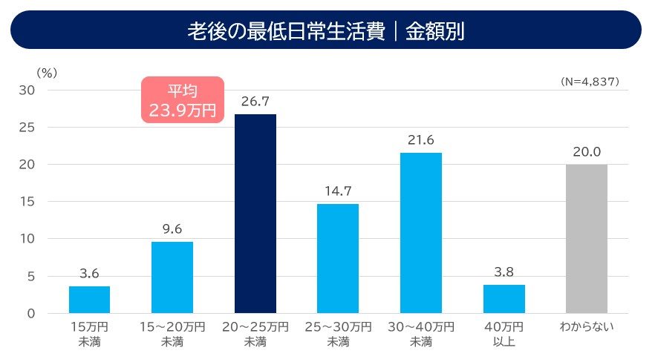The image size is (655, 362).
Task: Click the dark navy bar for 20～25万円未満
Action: tap(255, 214)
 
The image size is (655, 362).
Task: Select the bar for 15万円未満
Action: tap(89, 300)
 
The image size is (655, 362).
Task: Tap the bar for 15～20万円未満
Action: tap(172, 277)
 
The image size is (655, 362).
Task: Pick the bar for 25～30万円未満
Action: tap(338, 258)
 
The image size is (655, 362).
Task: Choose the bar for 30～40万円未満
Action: tap(421, 233)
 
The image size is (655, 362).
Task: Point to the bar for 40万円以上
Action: tap(504, 299)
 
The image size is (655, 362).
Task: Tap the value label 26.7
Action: tap(255, 102)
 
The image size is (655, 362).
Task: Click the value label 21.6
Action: tap(421, 139)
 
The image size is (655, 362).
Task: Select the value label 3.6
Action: tap(89, 274)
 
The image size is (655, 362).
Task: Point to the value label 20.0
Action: tap(587, 151)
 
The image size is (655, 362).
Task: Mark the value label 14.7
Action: tap(338, 191)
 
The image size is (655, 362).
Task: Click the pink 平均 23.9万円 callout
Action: tap(182, 100)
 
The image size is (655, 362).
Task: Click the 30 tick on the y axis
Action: tap(29, 90)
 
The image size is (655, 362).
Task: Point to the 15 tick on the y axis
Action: tap(29, 202)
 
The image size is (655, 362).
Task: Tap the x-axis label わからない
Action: tap(587, 327)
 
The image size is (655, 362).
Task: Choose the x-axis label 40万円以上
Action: tap(504, 334)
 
